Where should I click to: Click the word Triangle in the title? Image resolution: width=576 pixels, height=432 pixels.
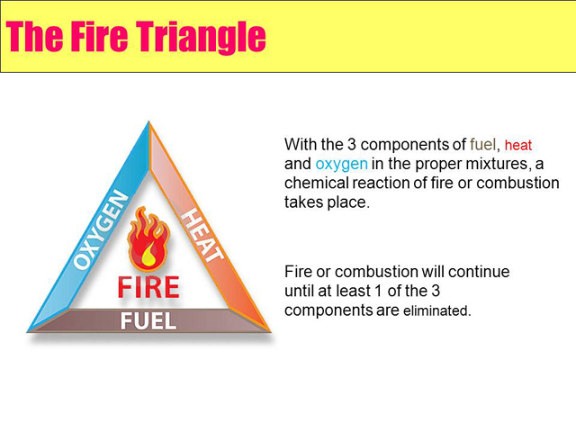tap(201, 37)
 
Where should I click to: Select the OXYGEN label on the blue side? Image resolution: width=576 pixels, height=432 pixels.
tap(101, 229)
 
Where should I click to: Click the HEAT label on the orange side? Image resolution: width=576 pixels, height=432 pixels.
tap(202, 236)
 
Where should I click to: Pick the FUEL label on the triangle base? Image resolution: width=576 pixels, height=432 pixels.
tap(148, 321)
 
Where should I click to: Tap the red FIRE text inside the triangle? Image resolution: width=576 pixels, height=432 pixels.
tap(148, 287)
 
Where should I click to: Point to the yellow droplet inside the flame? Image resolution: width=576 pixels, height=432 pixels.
tap(148, 254)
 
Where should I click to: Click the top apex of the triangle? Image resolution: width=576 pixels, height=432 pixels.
tap(148, 121)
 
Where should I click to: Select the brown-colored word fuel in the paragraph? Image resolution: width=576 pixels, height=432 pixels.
tap(482, 144)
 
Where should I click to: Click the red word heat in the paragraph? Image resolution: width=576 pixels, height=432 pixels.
tap(518, 145)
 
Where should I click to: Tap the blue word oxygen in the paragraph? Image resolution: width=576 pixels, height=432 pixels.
tap(341, 164)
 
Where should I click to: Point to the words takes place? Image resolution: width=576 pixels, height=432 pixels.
tap(326, 202)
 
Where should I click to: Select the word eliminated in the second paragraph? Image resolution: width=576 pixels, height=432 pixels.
tap(436, 310)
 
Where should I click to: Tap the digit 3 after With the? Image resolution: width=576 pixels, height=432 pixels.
tap(352, 144)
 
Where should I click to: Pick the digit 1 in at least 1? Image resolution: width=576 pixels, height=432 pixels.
tap(378, 291)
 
